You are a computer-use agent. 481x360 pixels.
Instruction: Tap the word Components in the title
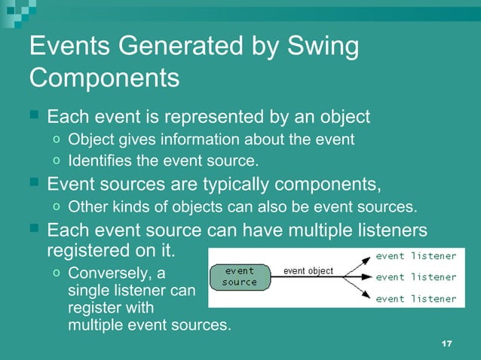pyautogui.click(x=104, y=78)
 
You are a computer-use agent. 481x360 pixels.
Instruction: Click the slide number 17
pyautogui.click(x=446, y=343)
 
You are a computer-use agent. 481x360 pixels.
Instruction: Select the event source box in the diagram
pyautogui.click(x=239, y=276)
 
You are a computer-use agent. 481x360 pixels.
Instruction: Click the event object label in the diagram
pyautogui.click(x=308, y=271)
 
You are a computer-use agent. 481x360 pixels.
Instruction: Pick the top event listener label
pyautogui.click(x=416, y=256)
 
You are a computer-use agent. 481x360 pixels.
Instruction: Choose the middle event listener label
pyautogui.click(x=416, y=277)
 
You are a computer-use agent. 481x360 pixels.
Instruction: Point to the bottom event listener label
pyautogui.click(x=416, y=299)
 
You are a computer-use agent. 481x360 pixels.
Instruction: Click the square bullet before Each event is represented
pyautogui.click(x=33, y=117)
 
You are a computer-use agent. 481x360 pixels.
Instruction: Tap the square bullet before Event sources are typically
pyautogui.click(x=33, y=183)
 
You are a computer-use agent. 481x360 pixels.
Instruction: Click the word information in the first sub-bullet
pyautogui.click(x=200, y=140)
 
